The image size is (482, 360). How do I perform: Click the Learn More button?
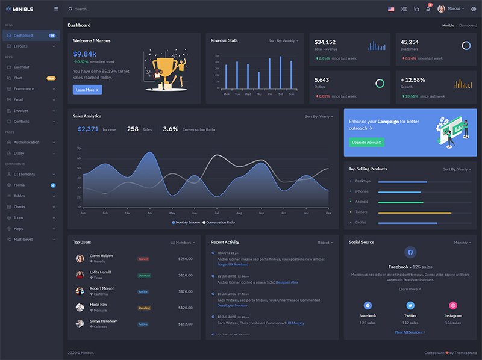point(87,90)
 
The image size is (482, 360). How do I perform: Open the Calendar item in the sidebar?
point(22,67)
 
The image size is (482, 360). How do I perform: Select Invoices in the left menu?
point(21,111)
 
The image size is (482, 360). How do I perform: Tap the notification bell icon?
point(428,9)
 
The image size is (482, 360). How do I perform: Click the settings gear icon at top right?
point(473,9)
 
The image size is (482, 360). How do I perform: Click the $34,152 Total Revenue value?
point(325,42)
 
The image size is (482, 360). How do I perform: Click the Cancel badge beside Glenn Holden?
point(143,259)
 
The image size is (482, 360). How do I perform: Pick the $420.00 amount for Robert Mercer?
point(186,291)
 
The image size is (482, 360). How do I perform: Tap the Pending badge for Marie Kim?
point(144,308)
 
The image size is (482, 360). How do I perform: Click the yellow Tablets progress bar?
point(415,213)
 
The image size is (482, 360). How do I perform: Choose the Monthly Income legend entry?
point(186,222)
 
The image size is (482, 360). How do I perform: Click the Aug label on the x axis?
point(239,213)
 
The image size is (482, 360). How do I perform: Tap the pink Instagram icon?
point(453,306)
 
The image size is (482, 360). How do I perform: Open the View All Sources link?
point(410,332)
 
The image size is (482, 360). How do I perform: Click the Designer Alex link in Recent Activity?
point(287,282)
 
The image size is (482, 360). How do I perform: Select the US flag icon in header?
point(391,9)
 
